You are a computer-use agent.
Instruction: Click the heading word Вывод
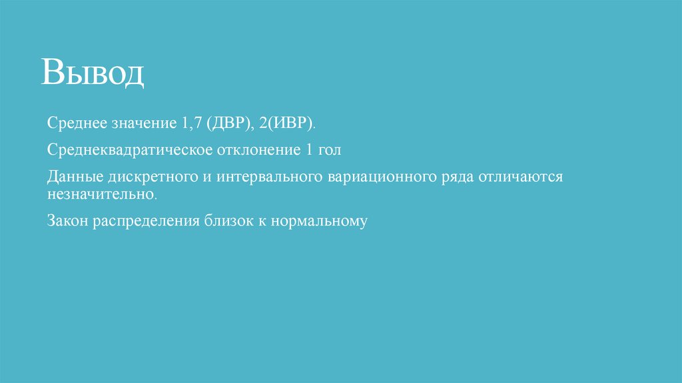point(93,73)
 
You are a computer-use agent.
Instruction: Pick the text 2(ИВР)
point(288,124)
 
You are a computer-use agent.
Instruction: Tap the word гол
point(328,150)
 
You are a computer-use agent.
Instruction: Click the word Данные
point(73,177)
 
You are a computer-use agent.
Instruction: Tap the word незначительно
point(103,195)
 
